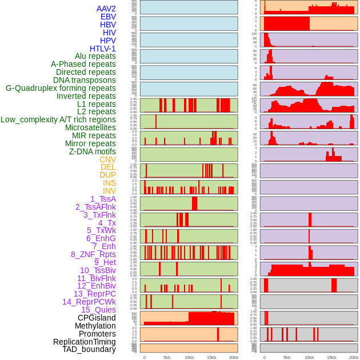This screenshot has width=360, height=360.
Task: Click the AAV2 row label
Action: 106,9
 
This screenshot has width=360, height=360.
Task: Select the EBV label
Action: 108,17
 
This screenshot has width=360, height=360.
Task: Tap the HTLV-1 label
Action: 103,49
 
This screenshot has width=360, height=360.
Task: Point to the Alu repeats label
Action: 95,56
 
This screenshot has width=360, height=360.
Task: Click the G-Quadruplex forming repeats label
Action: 61,88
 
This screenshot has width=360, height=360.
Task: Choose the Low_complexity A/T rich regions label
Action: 58,119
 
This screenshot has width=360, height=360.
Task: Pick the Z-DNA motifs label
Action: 93,151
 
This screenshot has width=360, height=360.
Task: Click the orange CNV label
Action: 107,159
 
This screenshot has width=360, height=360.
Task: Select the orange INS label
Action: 109,183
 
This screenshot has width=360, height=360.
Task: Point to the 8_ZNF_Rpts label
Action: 93,254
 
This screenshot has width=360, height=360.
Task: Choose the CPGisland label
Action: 97,318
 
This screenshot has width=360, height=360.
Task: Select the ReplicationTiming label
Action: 85,342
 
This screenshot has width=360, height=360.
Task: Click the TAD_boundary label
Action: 89,349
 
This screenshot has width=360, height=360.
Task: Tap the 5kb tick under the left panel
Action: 167,357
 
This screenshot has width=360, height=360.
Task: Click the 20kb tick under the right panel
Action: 354,357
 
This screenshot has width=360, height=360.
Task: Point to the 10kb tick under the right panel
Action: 309,357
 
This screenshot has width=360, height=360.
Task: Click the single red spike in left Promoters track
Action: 218,334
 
